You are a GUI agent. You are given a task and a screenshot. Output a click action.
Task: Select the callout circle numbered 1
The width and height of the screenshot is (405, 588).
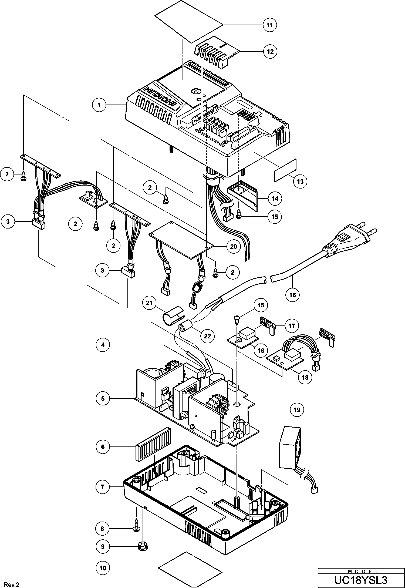tap(99, 105)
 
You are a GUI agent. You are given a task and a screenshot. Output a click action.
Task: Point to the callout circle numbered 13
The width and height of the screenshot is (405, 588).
tap(300, 182)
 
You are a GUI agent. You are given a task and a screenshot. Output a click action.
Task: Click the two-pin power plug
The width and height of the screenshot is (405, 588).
tap(351, 237)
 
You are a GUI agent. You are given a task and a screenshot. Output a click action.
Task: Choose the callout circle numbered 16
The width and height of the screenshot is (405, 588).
tap(293, 294)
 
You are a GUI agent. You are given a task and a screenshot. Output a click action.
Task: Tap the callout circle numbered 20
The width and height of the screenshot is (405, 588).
tap(233, 246)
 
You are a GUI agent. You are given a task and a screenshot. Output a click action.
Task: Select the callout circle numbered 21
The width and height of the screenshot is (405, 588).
tap(149, 303)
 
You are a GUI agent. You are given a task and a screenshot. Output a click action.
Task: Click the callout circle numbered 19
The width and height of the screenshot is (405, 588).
tap(297, 410)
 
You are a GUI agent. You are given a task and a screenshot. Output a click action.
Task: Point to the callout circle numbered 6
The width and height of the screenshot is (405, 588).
tap(103, 447)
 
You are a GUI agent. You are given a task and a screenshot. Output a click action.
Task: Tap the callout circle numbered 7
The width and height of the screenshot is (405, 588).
tap(103, 487)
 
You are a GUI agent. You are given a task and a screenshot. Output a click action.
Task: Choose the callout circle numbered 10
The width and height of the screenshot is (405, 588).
tap(103, 568)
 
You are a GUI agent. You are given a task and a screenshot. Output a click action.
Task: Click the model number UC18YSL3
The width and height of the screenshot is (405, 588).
tap(361, 580)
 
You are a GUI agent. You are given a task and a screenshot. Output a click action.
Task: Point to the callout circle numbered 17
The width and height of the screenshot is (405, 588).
tap(292, 326)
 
